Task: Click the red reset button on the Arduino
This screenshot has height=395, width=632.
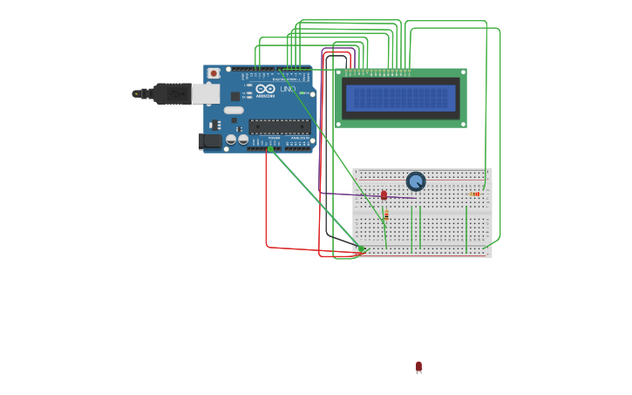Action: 214,73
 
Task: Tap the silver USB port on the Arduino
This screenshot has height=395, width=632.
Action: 206,93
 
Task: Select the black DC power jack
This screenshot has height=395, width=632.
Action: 210,140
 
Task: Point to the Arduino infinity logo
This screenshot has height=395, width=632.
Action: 265,89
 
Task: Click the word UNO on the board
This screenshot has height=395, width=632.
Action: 287,89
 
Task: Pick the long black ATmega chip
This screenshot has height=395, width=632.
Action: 279,126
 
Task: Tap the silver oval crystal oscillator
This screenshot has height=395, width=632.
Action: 233,110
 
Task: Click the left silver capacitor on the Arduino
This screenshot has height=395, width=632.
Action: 231,139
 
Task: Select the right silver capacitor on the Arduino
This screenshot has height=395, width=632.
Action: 242,139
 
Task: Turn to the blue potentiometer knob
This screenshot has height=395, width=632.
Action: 416,181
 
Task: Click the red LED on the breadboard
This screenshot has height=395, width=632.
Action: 384,195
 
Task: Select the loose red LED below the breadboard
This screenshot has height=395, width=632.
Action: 418,367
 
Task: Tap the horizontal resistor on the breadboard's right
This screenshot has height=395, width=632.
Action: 475,194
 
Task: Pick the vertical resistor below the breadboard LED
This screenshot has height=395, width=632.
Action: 386,214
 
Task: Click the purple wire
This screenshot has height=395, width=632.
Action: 349,194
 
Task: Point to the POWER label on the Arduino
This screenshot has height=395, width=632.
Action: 274,138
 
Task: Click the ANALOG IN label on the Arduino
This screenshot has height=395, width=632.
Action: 299,138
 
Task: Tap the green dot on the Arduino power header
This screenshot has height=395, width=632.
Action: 271,149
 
